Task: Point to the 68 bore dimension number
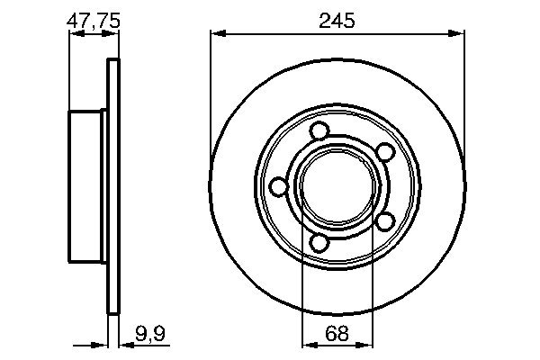(337, 333)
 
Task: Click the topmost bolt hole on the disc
(317, 131)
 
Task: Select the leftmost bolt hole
(279, 186)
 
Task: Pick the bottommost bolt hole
(318, 242)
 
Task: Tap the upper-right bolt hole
(382, 152)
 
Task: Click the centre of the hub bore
(337, 186)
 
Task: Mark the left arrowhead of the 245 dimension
(216, 34)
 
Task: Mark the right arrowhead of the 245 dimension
(461, 34)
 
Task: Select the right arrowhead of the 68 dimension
(368, 344)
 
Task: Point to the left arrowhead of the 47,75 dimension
(74, 34)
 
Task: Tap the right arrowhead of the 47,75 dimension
(113, 34)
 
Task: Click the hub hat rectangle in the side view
(86, 186)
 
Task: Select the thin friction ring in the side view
(112, 186)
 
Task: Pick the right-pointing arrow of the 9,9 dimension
(102, 344)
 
